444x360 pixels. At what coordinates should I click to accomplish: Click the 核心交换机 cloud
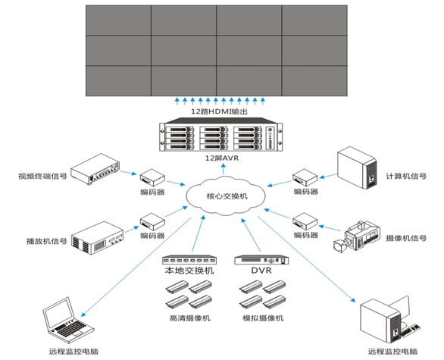226,196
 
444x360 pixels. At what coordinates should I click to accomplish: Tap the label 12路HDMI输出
220,111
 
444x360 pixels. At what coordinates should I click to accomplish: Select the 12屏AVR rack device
221,135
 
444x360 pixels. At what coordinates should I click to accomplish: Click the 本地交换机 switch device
189,260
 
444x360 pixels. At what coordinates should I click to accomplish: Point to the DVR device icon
261,260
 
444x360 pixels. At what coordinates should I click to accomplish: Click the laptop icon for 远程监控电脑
68,320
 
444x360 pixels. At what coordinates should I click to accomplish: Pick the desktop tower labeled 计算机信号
357,167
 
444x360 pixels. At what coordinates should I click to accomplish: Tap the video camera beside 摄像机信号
356,236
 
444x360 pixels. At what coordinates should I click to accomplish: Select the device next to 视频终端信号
95,169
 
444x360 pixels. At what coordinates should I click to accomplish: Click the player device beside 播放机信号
97,238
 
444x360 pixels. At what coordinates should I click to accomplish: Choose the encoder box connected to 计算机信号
305,177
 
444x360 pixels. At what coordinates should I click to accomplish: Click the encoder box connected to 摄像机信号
305,221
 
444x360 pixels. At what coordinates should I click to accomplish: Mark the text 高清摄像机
189,318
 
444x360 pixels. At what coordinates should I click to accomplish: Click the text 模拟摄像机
263,318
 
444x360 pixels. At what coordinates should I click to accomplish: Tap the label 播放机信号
47,241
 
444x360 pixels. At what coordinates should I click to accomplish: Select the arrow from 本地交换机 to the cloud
198,233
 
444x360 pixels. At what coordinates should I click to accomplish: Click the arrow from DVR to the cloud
251,235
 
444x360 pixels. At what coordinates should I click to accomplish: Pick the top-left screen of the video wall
118,20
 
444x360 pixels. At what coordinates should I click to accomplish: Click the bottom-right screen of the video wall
314,81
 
